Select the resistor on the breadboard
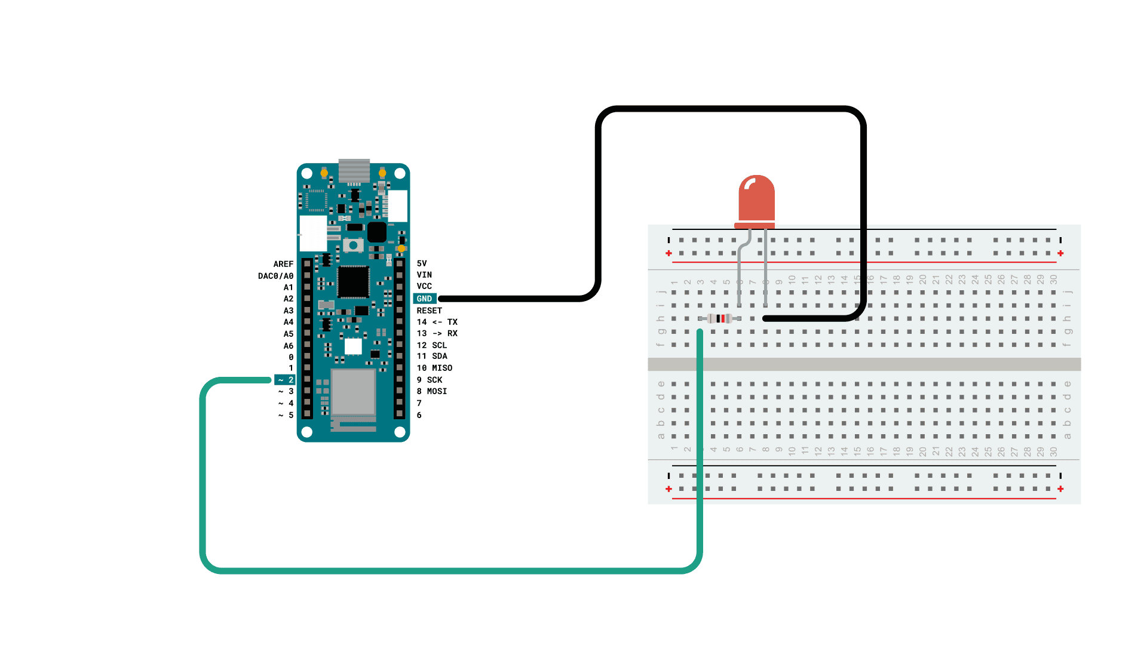coord(720,318)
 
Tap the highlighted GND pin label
coord(425,299)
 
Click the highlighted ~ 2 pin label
coord(286,380)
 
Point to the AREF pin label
coord(283,264)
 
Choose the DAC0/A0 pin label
coord(275,276)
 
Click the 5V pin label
coord(422,263)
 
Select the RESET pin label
coord(429,311)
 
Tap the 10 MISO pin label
coord(434,368)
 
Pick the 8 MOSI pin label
coord(431,391)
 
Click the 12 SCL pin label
coord(431,345)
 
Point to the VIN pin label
coord(424,275)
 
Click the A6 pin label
coord(288,346)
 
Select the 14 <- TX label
coord(437,322)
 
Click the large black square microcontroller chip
coord(353,282)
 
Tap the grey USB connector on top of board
coord(354,170)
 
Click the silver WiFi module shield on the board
coord(353,392)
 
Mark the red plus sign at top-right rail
coord(1060,253)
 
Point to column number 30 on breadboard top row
coord(1054,279)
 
